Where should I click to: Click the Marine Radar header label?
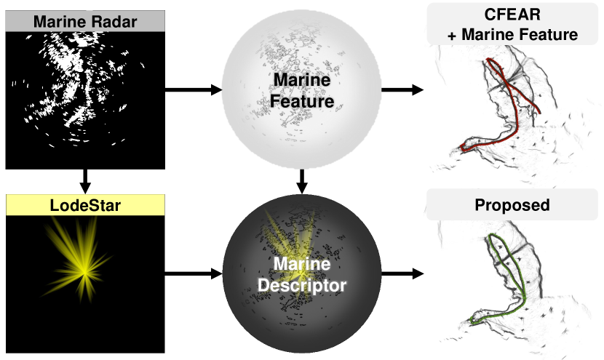[85, 22]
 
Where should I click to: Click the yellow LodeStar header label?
[85, 206]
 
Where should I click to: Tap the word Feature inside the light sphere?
[301, 101]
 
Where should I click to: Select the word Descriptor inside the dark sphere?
[301, 286]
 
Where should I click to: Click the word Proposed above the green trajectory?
[512, 205]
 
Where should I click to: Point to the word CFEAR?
[512, 16]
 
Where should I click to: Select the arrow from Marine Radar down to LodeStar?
[85, 177]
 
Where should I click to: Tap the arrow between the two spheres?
[301, 179]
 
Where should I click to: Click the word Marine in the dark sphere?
[301, 265]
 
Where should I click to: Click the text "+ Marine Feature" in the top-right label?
[512, 33]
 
